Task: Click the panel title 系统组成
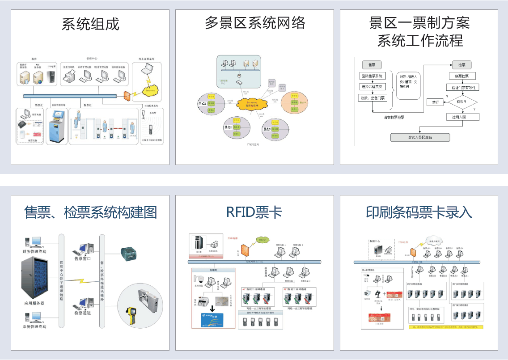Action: coord(90,24)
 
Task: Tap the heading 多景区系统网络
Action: coord(254,22)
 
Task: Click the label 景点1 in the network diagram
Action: coord(203,103)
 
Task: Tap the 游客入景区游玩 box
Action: coord(420,137)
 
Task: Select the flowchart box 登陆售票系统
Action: coord(372,76)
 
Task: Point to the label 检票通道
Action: coord(83,313)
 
